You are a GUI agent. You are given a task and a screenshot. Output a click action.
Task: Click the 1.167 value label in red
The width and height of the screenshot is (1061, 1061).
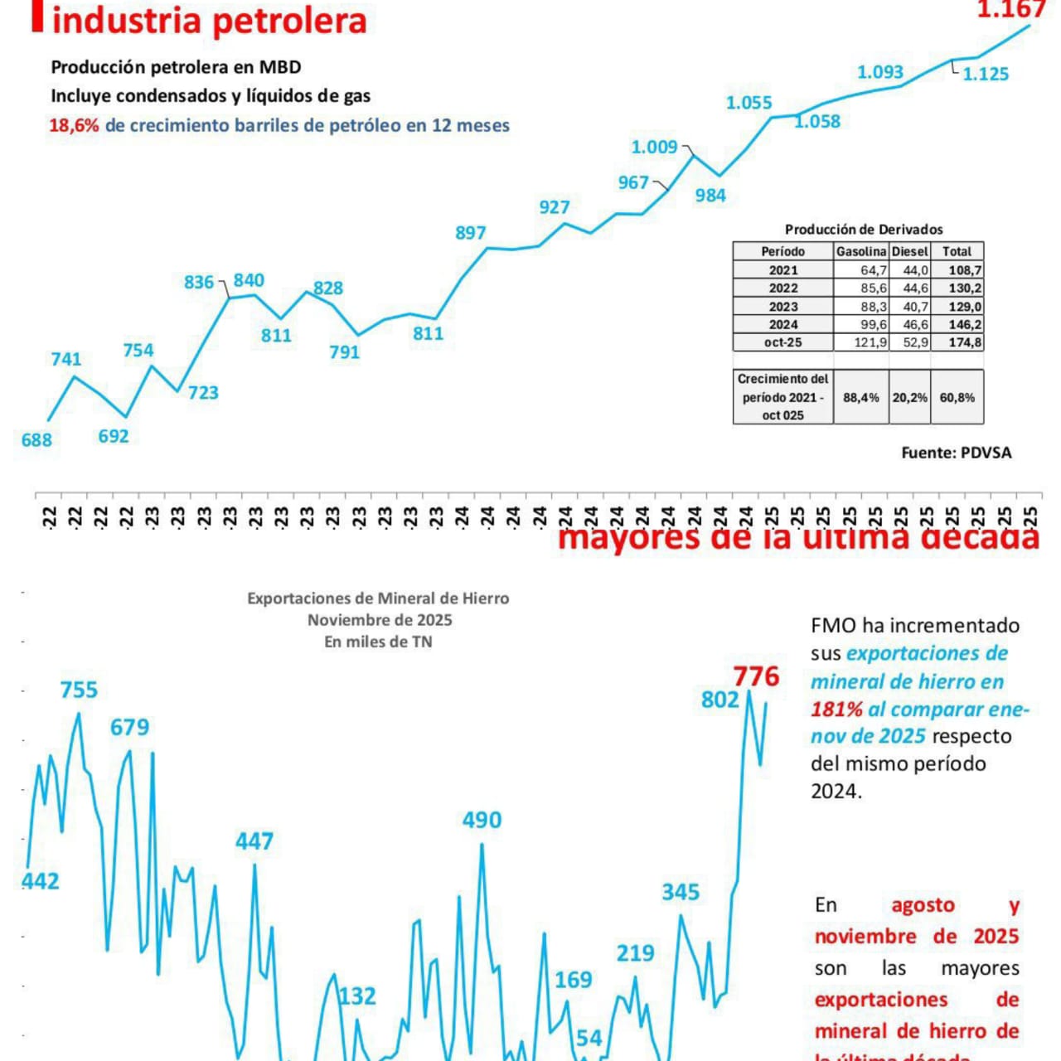(x=1010, y=10)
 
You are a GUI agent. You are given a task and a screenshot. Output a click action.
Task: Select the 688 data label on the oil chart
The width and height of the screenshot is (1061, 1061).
(x=36, y=440)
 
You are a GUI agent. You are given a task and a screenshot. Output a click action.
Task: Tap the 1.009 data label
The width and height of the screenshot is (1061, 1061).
(x=654, y=148)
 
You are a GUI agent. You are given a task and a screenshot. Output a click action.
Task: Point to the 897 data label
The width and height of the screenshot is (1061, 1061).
(x=470, y=233)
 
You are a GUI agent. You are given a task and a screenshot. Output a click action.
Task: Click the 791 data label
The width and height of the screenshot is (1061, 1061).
(x=344, y=352)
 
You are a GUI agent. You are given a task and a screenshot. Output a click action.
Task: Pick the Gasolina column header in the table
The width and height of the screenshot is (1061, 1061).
(x=860, y=251)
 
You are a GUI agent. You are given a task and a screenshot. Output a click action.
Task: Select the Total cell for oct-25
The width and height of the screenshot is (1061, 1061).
(x=957, y=342)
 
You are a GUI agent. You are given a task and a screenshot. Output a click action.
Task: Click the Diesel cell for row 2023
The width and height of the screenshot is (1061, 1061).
(x=910, y=306)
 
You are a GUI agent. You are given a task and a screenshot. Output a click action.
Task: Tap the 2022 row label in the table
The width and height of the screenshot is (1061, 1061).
(x=782, y=288)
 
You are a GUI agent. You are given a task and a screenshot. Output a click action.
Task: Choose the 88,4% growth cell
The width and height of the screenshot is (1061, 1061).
(x=860, y=398)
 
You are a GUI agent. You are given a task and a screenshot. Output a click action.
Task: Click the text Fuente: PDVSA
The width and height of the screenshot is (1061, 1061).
(x=956, y=453)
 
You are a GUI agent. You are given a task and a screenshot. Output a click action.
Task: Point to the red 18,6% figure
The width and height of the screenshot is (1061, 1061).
(x=74, y=126)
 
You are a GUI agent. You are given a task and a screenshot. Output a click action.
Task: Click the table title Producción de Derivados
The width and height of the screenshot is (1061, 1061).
(x=863, y=230)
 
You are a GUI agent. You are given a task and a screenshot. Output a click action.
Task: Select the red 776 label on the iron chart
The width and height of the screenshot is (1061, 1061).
(x=756, y=676)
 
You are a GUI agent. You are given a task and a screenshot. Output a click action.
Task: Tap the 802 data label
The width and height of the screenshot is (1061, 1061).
(x=719, y=700)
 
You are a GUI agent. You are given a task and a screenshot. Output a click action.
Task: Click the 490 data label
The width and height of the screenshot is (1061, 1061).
(x=482, y=820)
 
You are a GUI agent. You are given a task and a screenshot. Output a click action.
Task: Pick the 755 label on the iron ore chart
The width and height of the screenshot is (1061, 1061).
(x=79, y=690)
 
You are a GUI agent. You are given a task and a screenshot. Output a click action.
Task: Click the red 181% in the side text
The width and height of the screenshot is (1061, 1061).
(x=836, y=710)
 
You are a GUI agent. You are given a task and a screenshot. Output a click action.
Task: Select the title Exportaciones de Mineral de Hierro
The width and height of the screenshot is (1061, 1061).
(x=378, y=598)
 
